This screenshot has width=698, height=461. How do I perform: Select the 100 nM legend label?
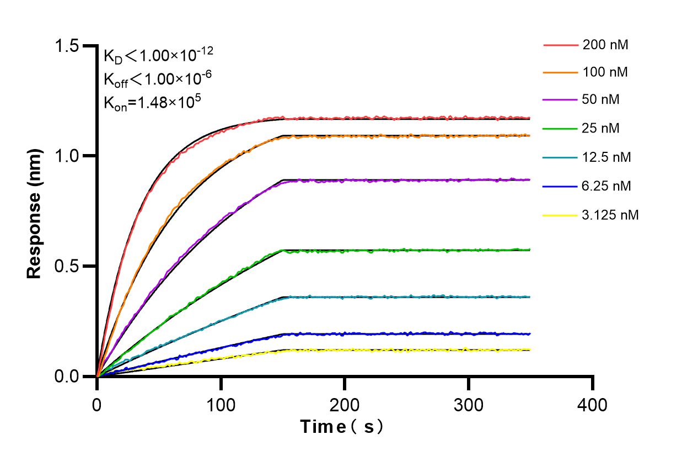tap(605, 72)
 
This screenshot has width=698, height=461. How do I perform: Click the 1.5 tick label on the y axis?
tap(66, 46)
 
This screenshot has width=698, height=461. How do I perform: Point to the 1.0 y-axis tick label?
tap(66, 156)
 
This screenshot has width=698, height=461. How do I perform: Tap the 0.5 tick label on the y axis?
tap(66, 266)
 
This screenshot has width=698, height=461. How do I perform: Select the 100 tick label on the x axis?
tap(221, 405)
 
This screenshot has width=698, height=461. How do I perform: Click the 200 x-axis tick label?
tap(345, 405)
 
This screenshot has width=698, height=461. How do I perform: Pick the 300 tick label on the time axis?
tap(469, 405)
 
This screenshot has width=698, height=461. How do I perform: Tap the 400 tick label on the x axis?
tap(593, 405)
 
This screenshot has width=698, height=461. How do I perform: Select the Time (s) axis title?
tap(342, 427)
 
